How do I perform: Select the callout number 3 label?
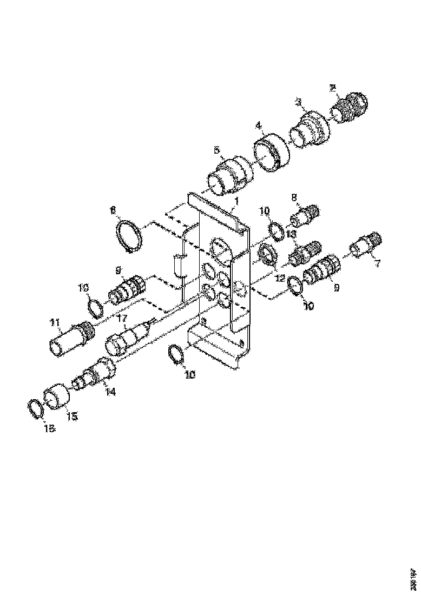point(298,102)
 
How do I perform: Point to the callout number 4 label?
point(259,125)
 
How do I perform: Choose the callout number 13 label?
point(291,233)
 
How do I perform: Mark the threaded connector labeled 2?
point(351,108)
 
